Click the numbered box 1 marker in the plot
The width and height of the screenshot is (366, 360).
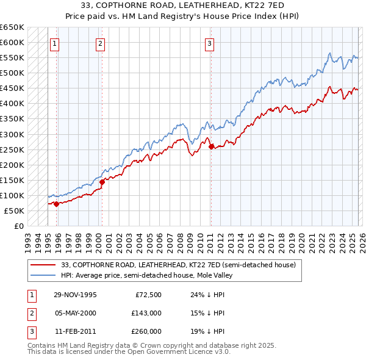tap(55, 43)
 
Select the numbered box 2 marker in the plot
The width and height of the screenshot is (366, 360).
tap(100, 43)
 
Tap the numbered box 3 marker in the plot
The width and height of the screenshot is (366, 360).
tap(209, 43)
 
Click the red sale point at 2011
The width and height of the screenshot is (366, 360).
tap(210, 146)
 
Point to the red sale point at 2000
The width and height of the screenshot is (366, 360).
tap(102, 182)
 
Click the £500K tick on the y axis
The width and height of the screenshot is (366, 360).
tap(13, 73)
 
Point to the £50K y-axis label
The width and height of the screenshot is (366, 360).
tap(15, 211)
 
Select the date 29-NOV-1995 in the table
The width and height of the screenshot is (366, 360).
tap(75, 295)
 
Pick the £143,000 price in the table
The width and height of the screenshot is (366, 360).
tap(146, 313)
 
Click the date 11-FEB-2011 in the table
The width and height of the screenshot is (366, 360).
tap(75, 331)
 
